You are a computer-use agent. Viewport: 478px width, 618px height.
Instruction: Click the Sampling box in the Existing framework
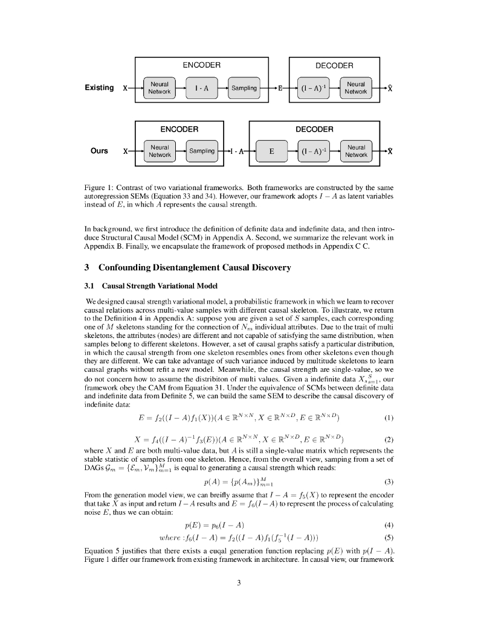click(244, 88)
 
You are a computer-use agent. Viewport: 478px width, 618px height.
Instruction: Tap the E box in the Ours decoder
click(272, 151)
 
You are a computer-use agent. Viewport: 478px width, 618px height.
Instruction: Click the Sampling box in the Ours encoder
click(202, 151)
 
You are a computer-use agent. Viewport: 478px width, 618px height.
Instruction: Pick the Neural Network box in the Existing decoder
click(356, 88)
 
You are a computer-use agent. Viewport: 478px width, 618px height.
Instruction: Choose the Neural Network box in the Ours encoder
click(160, 151)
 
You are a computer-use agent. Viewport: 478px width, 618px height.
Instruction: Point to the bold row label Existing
click(99, 88)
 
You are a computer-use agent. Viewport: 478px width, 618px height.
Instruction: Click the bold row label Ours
click(99, 151)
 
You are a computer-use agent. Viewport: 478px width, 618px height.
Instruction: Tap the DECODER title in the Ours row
click(314, 129)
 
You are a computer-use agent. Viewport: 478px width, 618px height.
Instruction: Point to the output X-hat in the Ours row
click(390, 151)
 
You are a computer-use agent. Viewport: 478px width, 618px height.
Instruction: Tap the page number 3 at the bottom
click(239, 582)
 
